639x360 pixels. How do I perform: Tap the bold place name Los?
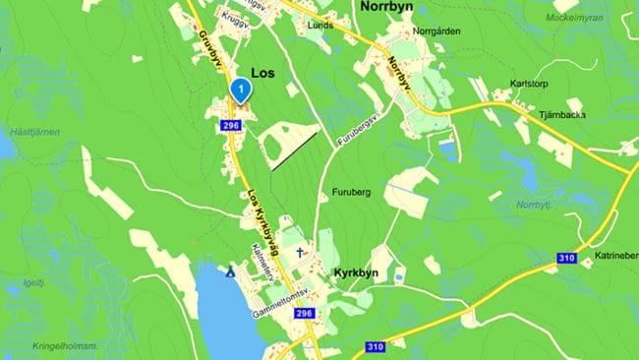pyautogui.click(x=262, y=73)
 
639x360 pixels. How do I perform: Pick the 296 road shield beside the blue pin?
pyautogui.click(x=231, y=126)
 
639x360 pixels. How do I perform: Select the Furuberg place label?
pyautogui.click(x=351, y=193)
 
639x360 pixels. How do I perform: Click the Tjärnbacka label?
pyautogui.click(x=561, y=114)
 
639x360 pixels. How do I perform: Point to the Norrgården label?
pyautogui.click(x=437, y=30)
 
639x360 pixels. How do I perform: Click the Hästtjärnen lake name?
pyautogui.click(x=34, y=131)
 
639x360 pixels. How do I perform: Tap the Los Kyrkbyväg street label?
pyautogui.click(x=263, y=222)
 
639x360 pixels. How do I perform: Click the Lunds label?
pyautogui.click(x=319, y=26)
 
